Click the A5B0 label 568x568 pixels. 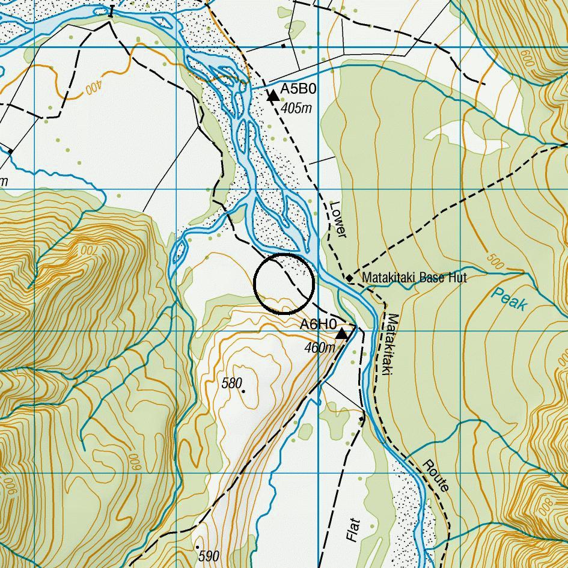click(298, 90)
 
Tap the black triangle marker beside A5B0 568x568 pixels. click(273, 95)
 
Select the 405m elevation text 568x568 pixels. click(297, 108)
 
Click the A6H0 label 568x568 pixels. click(318, 325)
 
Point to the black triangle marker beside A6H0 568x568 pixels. click(341, 333)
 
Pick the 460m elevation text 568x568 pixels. click(319, 347)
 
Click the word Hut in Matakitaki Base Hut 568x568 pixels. click(456, 278)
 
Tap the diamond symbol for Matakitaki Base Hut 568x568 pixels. click(349, 278)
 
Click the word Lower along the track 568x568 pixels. click(338, 219)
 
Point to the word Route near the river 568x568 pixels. click(436, 476)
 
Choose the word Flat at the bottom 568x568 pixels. click(353, 529)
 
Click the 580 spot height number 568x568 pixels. click(231, 383)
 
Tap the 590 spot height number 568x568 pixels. click(208, 556)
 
